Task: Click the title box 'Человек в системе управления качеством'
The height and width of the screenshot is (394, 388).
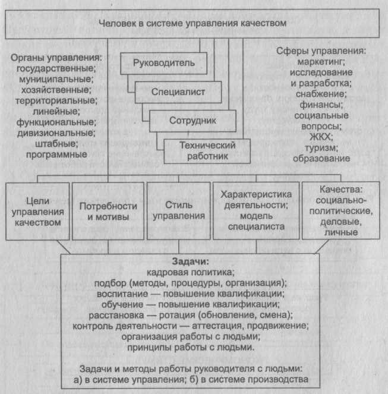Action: [194, 23]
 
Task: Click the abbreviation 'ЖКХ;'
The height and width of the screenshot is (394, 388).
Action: [321, 137]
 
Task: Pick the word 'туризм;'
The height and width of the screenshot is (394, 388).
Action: [321, 148]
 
